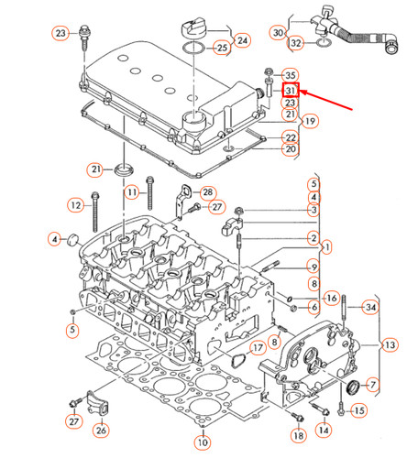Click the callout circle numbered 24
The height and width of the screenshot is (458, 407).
point(242,40)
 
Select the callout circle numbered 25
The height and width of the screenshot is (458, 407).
point(222,48)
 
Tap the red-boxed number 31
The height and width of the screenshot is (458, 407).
point(291,91)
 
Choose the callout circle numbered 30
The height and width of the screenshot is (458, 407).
point(279,33)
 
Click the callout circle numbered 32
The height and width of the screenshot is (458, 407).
point(295,43)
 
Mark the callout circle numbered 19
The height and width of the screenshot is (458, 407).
point(311,121)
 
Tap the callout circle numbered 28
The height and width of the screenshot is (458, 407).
point(207,191)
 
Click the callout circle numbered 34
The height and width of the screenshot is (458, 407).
point(371,306)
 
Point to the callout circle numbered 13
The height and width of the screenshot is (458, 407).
point(390,344)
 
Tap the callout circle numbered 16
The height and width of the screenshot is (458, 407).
point(332,298)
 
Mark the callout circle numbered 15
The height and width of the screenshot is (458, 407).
point(358,409)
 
